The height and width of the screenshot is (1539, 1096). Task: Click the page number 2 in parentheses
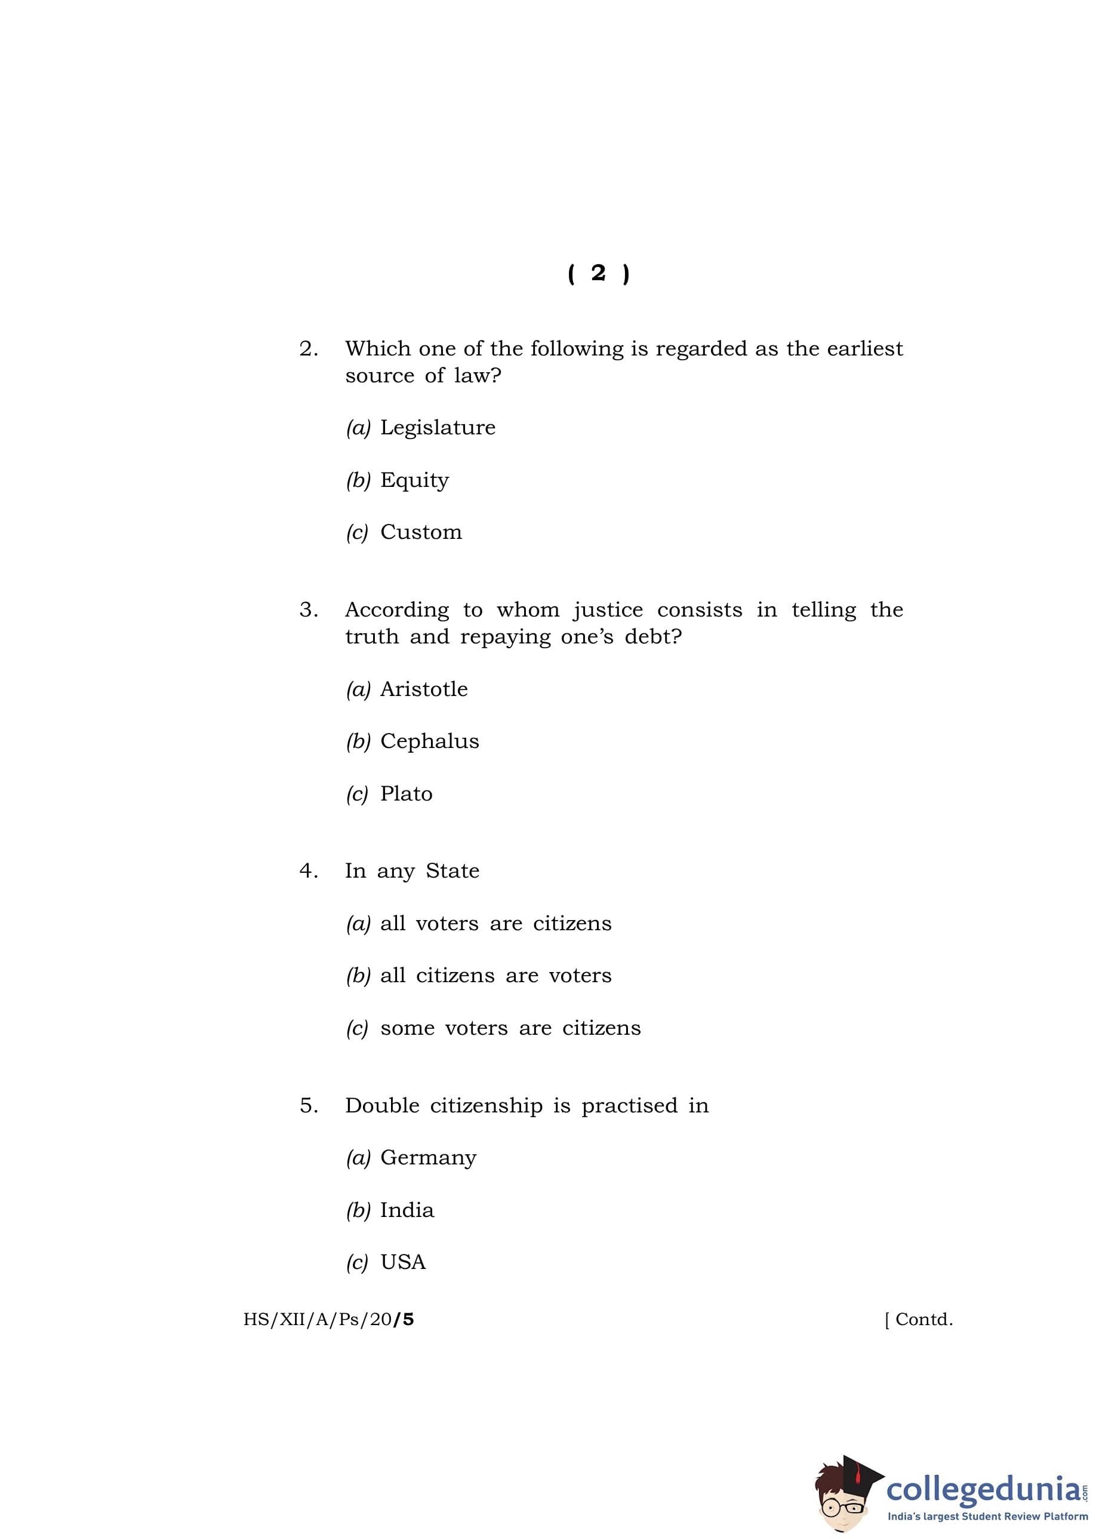[598, 274]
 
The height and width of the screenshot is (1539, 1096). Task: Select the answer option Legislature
[438, 427]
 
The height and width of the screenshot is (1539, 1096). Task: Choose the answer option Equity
[414, 480]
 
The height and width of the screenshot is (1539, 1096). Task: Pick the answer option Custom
[421, 532]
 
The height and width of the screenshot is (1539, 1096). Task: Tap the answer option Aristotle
[424, 689]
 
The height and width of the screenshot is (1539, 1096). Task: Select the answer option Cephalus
[429, 741]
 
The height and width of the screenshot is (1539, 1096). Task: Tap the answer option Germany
[428, 1157]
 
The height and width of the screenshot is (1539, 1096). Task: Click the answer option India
[407, 1210]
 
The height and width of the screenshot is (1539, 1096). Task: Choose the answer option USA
[403, 1262]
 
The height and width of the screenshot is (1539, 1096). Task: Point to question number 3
[309, 610]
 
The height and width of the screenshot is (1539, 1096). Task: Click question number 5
[309, 1105]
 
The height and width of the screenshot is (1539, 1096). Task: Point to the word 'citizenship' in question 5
[486, 1106]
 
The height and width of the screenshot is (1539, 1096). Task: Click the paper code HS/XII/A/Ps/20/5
[329, 1320]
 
